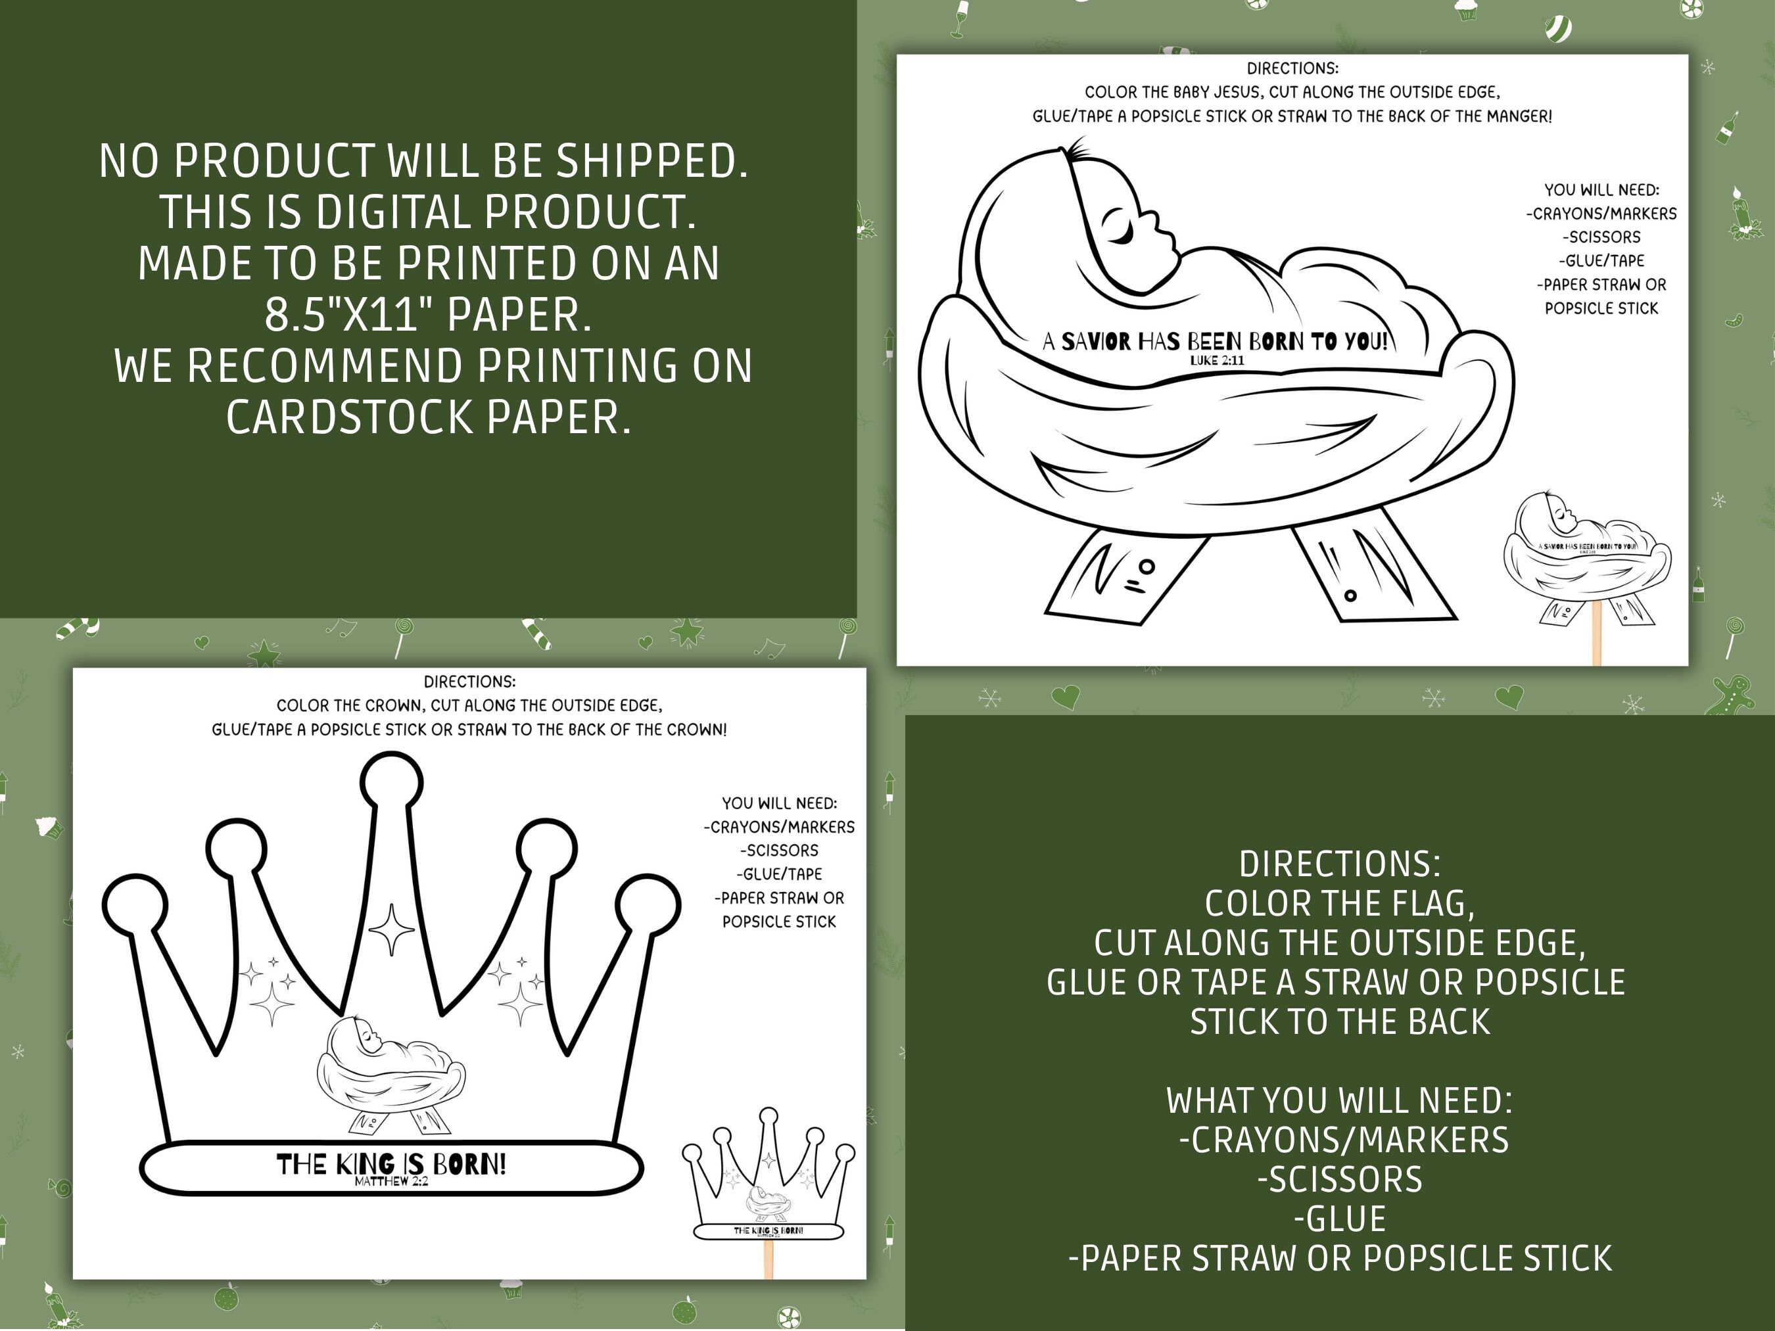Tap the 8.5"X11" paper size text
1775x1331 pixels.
point(350,314)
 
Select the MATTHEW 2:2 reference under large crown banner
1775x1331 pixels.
point(392,1182)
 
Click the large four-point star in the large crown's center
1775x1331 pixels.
point(392,929)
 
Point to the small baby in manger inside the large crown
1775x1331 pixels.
point(392,1071)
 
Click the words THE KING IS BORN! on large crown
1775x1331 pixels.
point(392,1163)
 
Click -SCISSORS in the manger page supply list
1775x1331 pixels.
point(1601,237)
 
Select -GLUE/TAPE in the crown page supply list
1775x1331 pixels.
point(779,874)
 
